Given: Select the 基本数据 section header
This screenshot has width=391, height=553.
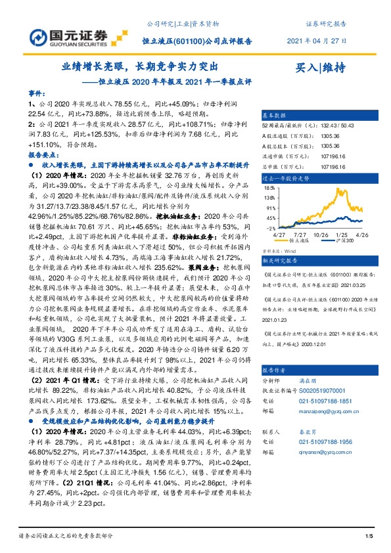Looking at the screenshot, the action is click(x=275, y=113).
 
